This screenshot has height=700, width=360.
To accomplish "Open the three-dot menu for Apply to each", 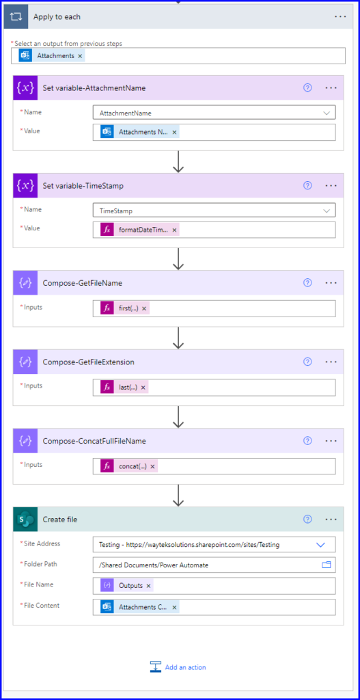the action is tap(340, 16).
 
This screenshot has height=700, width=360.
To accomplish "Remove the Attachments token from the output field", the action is tap(80, 56).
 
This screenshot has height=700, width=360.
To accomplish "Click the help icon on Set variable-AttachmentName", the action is tap(307, 88).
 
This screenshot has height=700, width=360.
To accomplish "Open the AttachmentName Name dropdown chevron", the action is tap(327, 113).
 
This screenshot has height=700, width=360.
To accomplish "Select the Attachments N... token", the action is tap(139, 132).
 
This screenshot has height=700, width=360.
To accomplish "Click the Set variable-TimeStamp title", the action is tap(83, 186).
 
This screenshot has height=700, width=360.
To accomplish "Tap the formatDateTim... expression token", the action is tap(139, 230).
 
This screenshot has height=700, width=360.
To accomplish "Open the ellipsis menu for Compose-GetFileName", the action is tap(331, 282).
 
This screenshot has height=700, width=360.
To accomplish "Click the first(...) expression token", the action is tap(124, 308).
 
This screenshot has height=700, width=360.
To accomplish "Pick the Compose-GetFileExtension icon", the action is tap(25, 362).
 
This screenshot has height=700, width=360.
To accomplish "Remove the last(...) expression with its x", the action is tap(143, 388).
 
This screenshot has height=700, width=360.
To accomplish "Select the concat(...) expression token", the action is tap(128, 466).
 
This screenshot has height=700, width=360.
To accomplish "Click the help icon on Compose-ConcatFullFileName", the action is tap(307, 441).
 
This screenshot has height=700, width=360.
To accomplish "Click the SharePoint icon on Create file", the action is tap(25, 520).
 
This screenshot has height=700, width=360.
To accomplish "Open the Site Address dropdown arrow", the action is tap(320, 545).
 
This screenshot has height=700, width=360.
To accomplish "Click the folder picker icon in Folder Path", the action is tap(327, 565).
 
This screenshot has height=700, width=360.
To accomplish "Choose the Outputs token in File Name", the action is tap(126, 585).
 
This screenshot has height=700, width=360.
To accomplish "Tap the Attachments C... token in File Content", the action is tap(139, 607).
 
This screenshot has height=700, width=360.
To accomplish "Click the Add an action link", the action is tap(178, 667).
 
